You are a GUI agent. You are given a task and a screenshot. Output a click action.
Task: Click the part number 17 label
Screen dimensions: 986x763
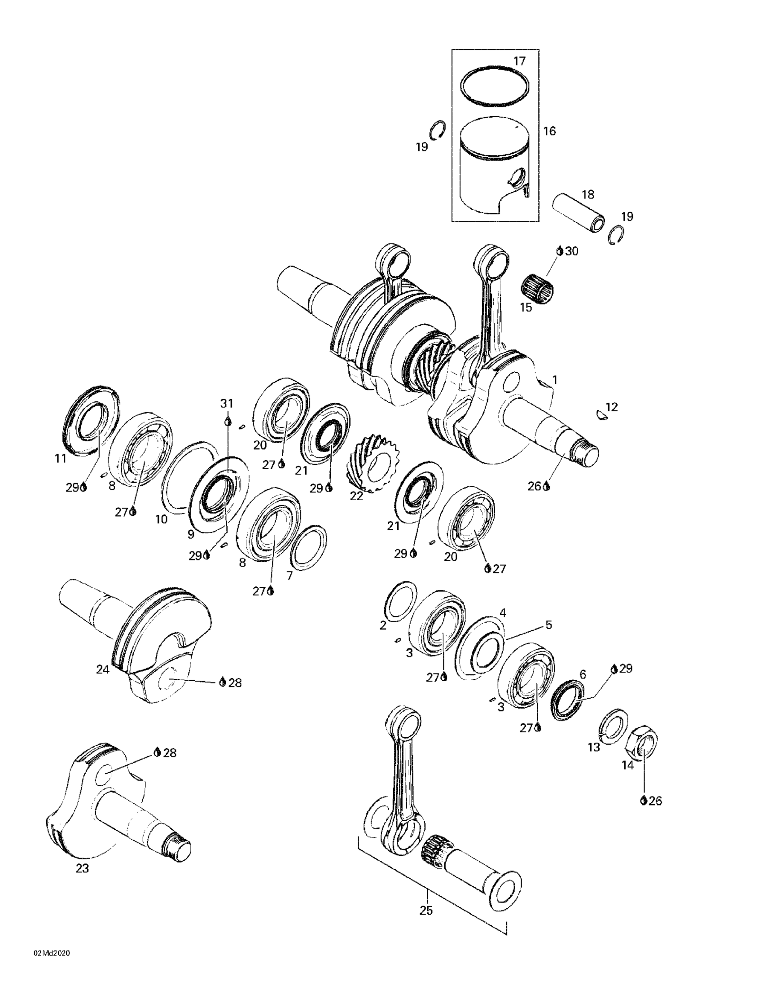(519, 61)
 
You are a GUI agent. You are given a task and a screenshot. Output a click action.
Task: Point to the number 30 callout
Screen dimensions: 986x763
(571, 251)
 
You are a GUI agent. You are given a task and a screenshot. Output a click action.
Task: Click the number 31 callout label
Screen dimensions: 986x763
(227, 403)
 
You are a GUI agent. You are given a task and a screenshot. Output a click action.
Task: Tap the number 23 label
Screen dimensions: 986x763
(82, 868)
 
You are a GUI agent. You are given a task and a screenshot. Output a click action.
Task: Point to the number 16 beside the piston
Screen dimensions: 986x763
(549, 132)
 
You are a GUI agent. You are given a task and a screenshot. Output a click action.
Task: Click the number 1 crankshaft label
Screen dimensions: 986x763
(555, 380)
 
